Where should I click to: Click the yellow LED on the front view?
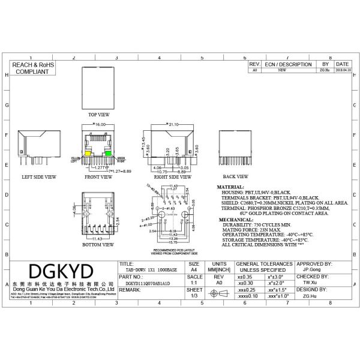click(88, 154)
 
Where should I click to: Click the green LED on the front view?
click(108, 154)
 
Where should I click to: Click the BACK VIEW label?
click(235, 177)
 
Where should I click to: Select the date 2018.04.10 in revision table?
click(343, 70)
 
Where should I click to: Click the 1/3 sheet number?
click(194, 295)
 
